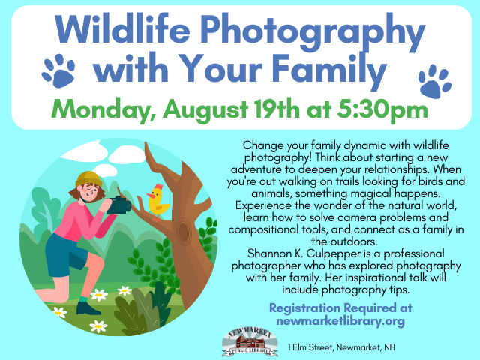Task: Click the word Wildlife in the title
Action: [x=122, y=29]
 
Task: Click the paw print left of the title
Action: [x=58, y=70]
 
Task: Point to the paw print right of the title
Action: [x=435, y=82]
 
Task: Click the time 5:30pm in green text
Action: [x=382, y=110]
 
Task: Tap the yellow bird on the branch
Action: [x=157, y=201]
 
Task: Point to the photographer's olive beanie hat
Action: [x=88, y=179]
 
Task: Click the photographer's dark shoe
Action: [x=87, y=308]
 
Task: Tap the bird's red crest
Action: [x=158, y=187]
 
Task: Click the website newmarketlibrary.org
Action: [x=340, y=321]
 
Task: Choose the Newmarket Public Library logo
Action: [x=250, y=341]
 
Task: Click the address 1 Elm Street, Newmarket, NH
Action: [x=341, y=347]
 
